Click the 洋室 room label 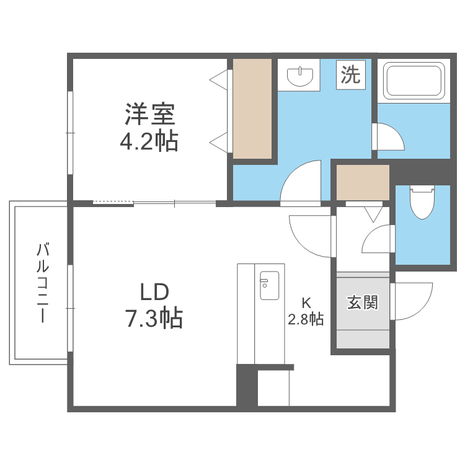click(149, 115)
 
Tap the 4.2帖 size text click(149, 142)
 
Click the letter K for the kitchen click(305, 303)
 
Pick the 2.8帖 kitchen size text click(305, 319)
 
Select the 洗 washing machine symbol click(350, 76)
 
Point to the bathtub click(414, 80)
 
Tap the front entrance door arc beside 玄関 click(411, 301)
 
